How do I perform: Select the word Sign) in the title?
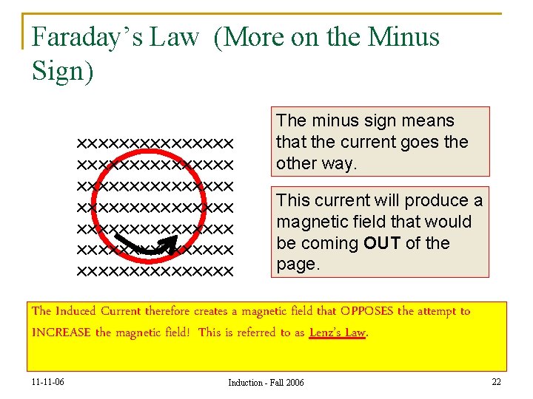(x=62, y=71)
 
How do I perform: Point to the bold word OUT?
(x=383, y=243)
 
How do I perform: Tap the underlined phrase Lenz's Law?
(x=338, y=332)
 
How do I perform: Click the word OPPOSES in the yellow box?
(x=363, y=311)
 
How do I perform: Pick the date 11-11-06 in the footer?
(x=48, y=382)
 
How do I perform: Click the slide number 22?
(x=496, y=381)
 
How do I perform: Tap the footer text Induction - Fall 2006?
(x=266, y=383)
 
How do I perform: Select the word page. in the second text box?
(x=297, y=265)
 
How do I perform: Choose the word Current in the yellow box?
(x=120, y=311)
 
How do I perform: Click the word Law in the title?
(x=178, y=38)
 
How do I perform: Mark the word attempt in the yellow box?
(x=435, y=311)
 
